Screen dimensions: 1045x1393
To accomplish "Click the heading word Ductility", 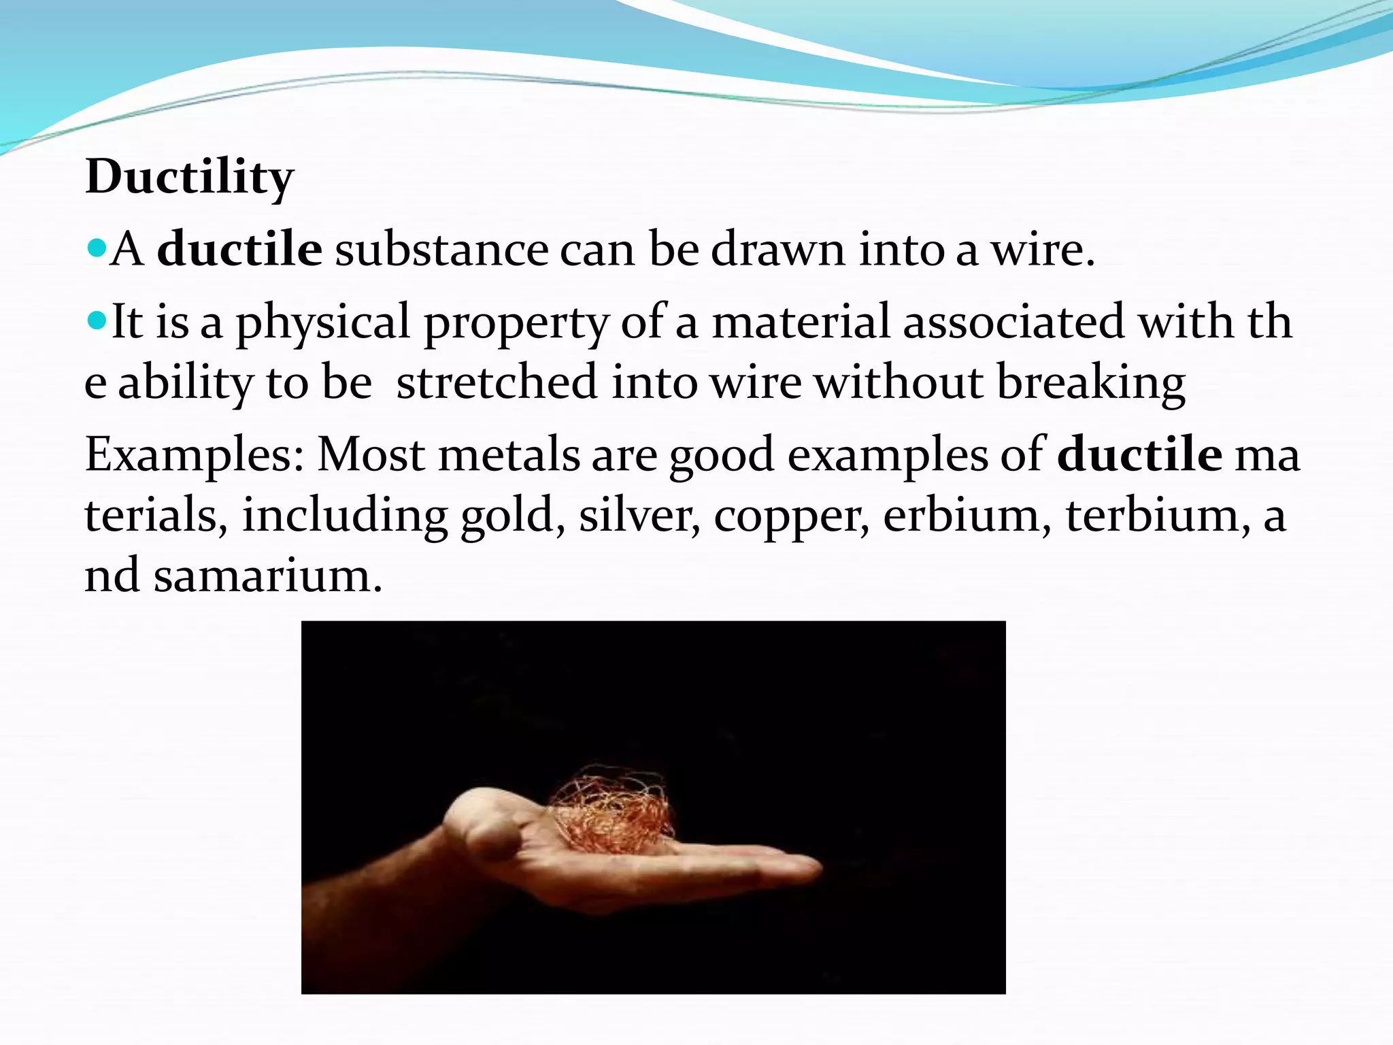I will point(189,177).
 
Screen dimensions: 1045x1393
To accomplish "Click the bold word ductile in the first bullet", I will point(239,249).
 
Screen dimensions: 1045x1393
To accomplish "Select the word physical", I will point(323,322).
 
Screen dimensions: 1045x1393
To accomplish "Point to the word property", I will point(516,322).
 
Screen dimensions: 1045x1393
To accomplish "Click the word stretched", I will point(497,382).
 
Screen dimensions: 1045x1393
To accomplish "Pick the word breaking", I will point(1090,383).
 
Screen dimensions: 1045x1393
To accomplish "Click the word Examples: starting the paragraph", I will point(194,455).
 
